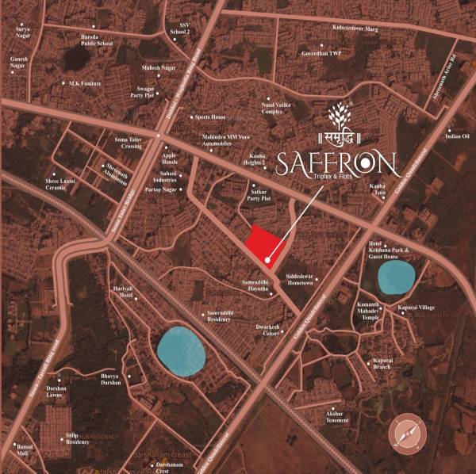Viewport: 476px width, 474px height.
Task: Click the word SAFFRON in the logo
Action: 336,164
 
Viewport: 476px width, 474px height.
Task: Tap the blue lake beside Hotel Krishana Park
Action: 394,276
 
